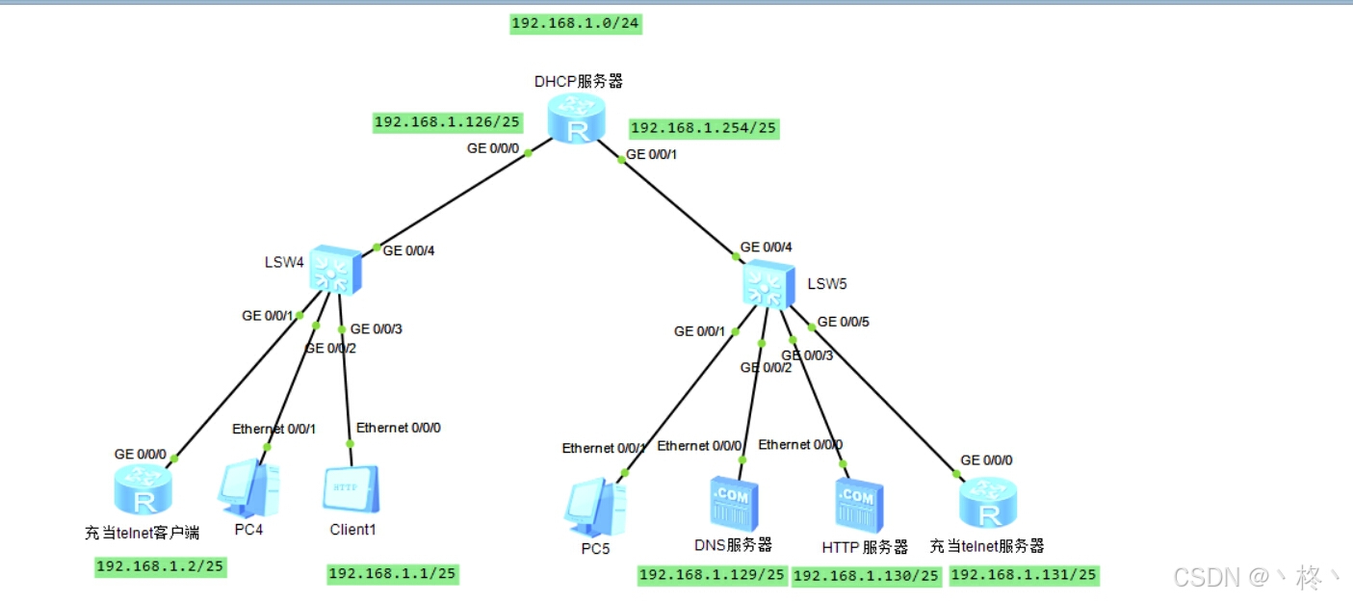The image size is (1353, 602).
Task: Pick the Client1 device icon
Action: [350, 490]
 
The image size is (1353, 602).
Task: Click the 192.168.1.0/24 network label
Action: [576, 24]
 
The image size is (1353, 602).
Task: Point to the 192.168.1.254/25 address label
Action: [703, 128]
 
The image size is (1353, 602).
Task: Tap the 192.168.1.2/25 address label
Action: [160, 566]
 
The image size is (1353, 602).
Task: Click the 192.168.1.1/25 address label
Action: [393, 574]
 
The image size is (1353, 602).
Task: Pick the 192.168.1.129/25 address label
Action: [713, 575]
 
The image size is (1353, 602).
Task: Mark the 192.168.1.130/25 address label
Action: [866, 576]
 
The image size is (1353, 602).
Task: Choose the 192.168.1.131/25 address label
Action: [1024, 575]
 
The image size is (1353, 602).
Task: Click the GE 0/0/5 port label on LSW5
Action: [844, 322]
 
